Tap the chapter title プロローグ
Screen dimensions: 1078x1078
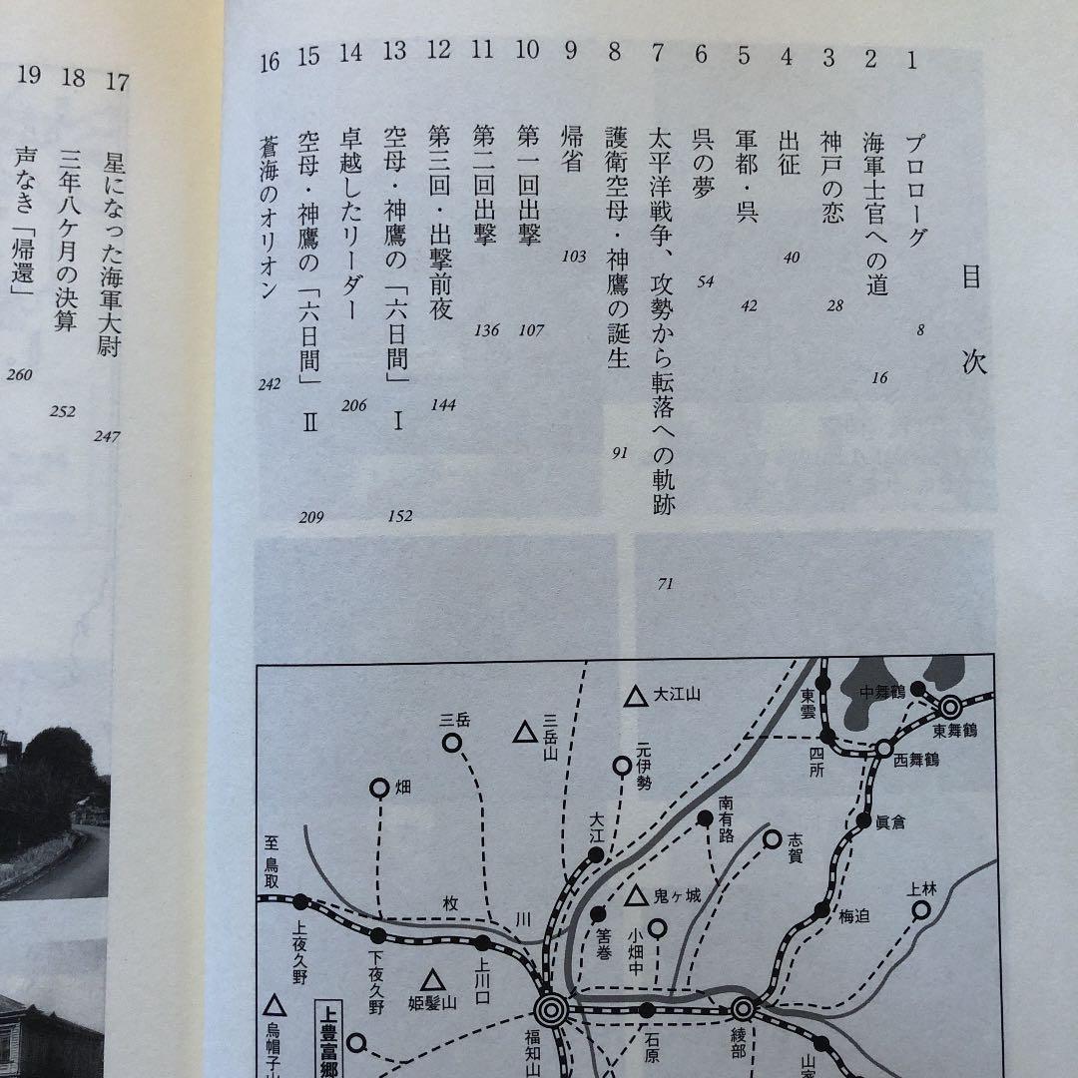914,191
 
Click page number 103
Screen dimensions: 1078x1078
573,257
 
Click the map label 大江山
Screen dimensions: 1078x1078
672,696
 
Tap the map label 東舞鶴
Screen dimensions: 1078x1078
954,731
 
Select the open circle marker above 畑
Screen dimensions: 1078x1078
379,789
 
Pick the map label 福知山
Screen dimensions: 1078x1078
550,1048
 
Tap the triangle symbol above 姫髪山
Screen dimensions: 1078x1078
432,981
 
